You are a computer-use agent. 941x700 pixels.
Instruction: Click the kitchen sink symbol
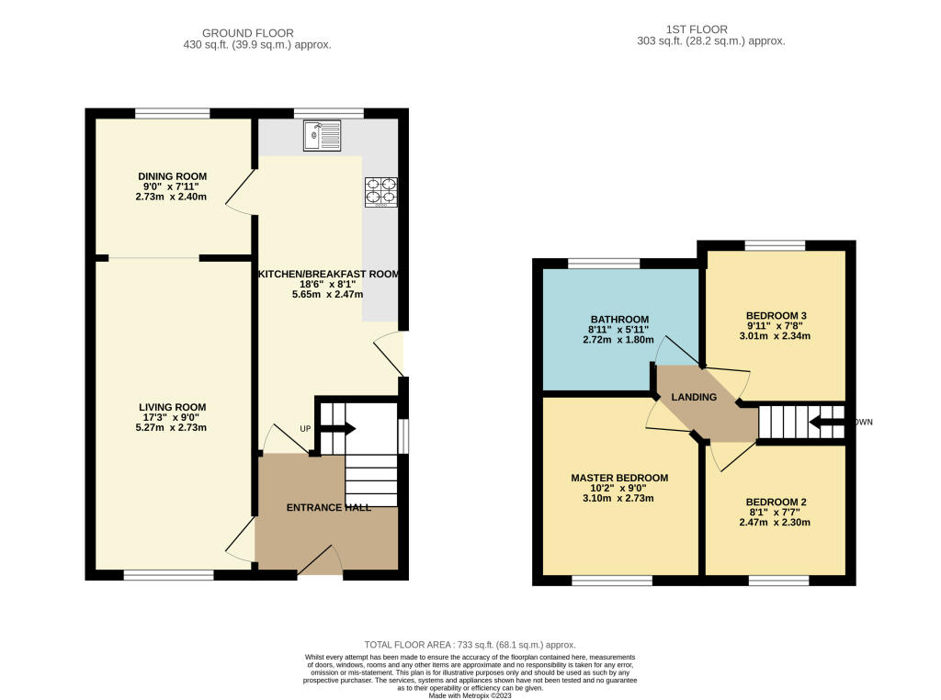click(322, 138)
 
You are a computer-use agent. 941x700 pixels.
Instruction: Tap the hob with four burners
click(381, 190)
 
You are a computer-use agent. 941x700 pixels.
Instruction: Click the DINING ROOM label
click(172, 176)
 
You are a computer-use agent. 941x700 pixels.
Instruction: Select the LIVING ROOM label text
click(172, 407)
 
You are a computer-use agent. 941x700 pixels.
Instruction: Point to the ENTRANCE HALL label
click(328, 508)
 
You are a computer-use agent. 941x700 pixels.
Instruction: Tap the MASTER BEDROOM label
click(619, 478)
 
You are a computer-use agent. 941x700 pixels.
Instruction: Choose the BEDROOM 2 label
click(776, 502)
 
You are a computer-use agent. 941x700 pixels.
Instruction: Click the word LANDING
click(694, 397)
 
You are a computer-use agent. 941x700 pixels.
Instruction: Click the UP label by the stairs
click(304, 429)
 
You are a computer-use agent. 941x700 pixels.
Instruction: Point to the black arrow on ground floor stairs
click(341, 428)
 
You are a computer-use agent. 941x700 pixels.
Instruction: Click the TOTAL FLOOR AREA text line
click(470, 646)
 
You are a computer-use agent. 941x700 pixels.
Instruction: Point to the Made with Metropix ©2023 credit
click(470, 694)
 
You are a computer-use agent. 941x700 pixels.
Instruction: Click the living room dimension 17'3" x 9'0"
click(172, 418)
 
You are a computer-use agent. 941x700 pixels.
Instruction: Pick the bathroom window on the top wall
click(604, 264)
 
